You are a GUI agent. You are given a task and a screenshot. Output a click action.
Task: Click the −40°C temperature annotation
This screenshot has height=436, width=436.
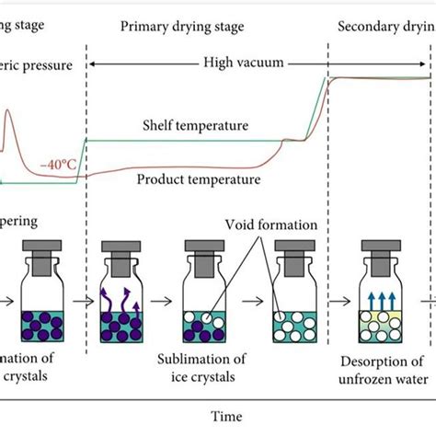coord(58,166)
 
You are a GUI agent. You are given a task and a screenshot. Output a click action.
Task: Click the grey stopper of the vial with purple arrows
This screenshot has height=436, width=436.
coord(120,253)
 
